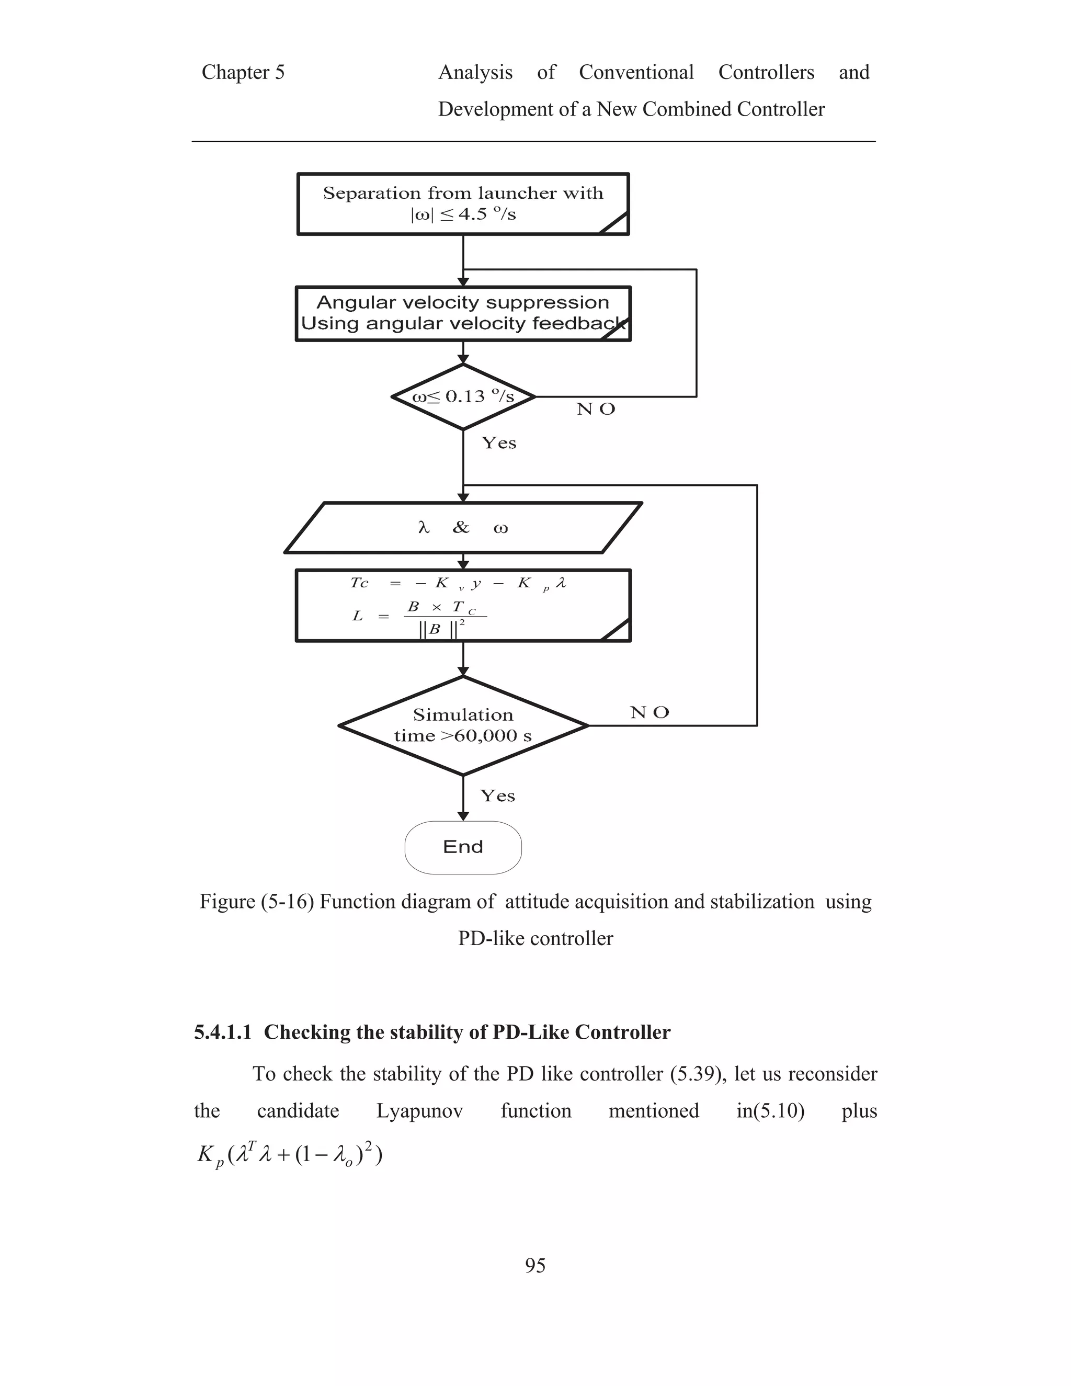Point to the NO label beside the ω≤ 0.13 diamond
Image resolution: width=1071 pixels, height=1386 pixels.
[x=596, y=410]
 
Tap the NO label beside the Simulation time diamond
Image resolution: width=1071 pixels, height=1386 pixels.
[x=649, y=713]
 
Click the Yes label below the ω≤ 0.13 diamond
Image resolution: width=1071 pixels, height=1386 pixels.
[x=499, y=443]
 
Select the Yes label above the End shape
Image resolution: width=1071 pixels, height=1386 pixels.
[x=497, y=796]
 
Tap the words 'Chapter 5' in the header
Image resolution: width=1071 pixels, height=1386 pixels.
[x=243, y=72]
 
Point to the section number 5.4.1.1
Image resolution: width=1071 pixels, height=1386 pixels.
[x=223, y=1032]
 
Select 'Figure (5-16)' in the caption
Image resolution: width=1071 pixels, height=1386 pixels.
[x=256, y=902]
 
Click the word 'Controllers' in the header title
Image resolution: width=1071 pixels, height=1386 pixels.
[x=766, y=72]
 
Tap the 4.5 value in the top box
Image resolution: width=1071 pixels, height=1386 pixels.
[x=472, y=214]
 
